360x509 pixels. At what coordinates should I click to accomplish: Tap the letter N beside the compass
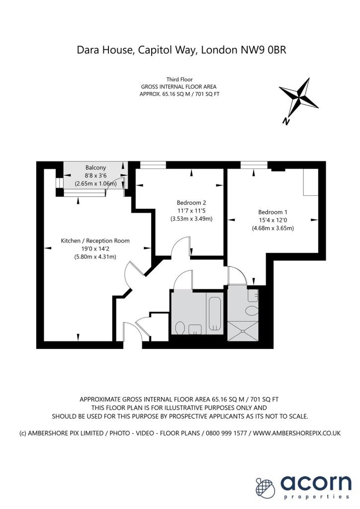coord(286,121)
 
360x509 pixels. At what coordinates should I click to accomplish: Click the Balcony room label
coord(95,168)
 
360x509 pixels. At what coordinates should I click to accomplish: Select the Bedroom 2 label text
coord(191,202)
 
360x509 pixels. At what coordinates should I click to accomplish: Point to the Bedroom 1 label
coord(273,212)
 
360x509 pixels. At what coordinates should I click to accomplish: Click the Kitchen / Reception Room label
coord(95,241)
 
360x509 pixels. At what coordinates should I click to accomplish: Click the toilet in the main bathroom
coord(180,328)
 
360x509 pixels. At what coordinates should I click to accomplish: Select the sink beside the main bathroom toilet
coord(195,329)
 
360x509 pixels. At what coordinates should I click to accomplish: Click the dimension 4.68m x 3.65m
coord(273,229)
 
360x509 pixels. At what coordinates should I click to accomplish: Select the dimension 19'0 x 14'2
coord(95,249)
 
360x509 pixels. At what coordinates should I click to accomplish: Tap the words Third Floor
coord(180,79)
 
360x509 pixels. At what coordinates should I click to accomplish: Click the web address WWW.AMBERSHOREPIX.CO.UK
coord(297,433)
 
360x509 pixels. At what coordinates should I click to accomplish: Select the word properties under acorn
coord(316,497)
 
